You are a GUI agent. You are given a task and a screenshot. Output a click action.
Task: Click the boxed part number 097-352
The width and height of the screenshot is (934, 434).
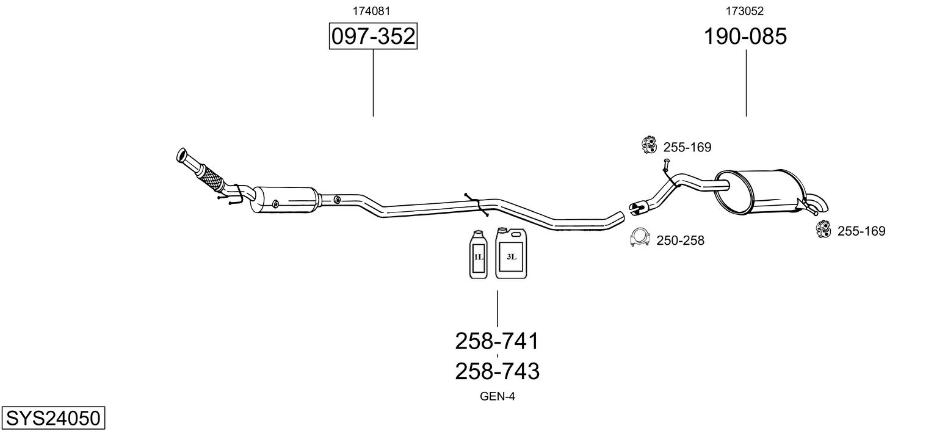tap(373, 37)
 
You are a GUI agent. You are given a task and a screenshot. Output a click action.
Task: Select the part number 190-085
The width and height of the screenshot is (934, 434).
tap(745, 37)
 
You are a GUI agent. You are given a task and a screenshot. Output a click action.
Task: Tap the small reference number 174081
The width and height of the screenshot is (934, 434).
tap(371, 10)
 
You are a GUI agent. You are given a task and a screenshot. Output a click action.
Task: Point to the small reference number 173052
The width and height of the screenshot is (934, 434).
tap(744, 10)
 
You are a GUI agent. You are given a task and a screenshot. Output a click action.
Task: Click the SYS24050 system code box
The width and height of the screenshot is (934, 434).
tap(52, 418)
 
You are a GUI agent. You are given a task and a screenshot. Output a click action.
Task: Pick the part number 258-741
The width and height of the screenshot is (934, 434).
tap(497, 341)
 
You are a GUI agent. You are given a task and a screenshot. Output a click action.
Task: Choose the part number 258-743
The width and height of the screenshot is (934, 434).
tap(497, 371)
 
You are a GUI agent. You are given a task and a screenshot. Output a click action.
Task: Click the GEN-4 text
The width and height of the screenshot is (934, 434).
tap(498, 397)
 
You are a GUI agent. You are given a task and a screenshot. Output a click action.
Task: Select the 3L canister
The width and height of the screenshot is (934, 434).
tap(510, 254)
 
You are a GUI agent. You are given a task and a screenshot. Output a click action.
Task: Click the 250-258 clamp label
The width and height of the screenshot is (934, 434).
tap(680, 241)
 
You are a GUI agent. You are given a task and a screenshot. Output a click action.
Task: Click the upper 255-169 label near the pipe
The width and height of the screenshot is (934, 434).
tap(687, 147)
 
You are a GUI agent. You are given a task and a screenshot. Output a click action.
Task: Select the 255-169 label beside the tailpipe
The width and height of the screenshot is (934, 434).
tap(861, 231)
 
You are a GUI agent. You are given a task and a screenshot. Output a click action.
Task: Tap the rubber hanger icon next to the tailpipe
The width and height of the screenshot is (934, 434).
tap(824, 230)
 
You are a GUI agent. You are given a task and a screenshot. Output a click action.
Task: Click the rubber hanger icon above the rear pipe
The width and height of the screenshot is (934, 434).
tap(648, 145)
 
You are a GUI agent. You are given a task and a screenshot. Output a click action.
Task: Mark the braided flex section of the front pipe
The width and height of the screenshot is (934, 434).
tap(210, 175)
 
